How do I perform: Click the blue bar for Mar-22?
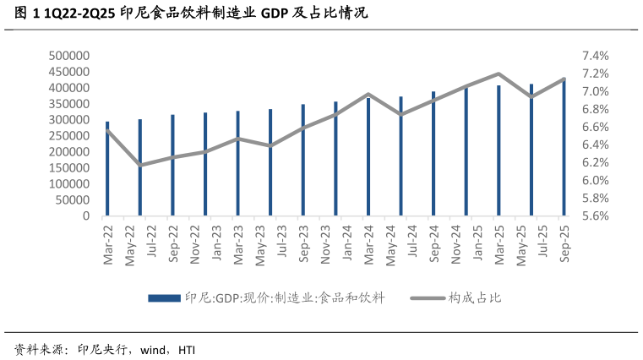107,169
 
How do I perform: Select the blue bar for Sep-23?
303,160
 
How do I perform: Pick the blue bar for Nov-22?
205,164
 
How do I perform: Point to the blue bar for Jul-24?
401,156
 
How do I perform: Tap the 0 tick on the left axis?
85,216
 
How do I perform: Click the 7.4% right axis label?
596,56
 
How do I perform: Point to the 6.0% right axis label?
596,181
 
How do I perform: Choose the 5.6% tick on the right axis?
596,216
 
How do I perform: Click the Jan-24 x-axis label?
347,243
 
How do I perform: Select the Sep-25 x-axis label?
564,243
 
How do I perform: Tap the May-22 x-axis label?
130,246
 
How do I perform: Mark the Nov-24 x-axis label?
456,245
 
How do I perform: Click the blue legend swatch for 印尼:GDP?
164,298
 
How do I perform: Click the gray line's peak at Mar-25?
499,74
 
